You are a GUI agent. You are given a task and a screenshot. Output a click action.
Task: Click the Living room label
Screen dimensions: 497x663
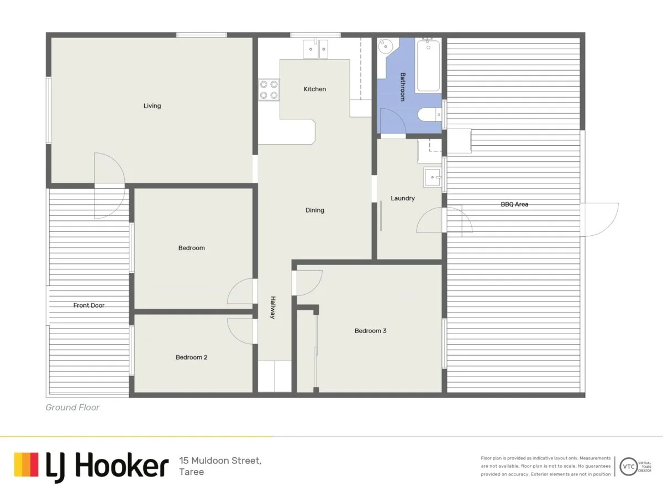point(152,105)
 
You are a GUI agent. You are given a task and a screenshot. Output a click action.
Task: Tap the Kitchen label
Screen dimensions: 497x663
point(315,89)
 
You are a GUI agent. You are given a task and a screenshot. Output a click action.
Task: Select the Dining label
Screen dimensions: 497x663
point(315,210)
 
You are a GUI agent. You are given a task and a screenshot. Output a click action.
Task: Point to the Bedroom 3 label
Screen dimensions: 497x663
point(370,331)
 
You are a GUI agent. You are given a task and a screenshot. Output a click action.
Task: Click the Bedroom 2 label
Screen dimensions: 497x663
point(191,357)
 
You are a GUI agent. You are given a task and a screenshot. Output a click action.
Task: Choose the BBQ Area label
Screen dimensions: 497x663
point(514,204)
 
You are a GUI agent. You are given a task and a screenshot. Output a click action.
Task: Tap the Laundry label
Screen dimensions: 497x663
point(402,198)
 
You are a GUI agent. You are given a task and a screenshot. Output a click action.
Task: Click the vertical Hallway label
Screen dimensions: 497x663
point(272,308)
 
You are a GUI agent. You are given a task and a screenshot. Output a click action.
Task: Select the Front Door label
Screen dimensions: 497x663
point(89,305)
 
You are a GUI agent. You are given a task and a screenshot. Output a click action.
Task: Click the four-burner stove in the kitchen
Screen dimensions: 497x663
point(269,89)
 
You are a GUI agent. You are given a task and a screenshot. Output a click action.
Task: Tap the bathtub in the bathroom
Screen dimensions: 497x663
point(428,66)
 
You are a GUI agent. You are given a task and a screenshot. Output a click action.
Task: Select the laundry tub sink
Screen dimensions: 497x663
point(433,177)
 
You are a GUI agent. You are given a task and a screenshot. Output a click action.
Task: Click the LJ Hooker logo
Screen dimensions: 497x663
point(91,466)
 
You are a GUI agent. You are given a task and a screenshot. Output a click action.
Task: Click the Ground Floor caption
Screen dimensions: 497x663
point(72,408)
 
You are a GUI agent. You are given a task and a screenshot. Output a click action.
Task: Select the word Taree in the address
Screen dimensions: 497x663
point(191,472)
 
